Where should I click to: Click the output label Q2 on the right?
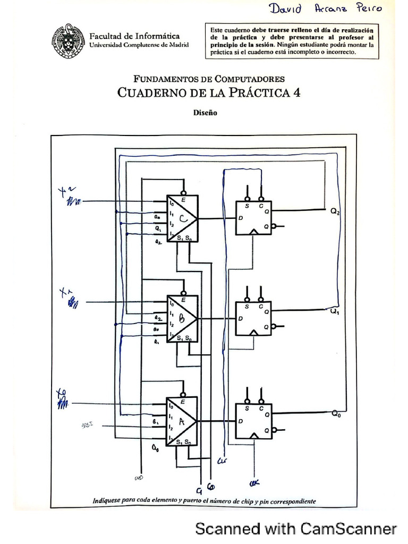pyautogui.click(x=335, y=211)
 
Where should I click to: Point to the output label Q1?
pyautogui.click(x=335, y=312)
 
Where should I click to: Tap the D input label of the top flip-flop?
pyautogui.click(x=241, y=218)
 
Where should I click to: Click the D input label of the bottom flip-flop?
pyautogui.click(x=241, y=420)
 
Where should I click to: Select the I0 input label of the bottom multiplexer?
pyautogui.click(x=171, y=406)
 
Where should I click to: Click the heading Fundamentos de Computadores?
pyautogui.click(x=209, y=79)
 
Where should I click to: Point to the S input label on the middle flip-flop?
pyautogui.click(x=246, y=307)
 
